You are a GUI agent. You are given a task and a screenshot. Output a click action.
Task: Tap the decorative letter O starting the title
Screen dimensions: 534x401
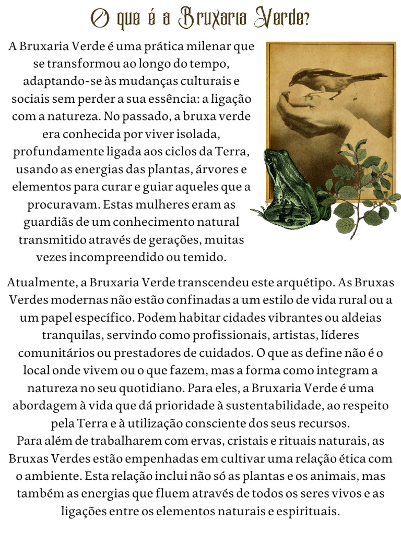(x=100, y=20)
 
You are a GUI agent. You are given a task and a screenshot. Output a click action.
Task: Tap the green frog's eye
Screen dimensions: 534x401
(x=268, y=159)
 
